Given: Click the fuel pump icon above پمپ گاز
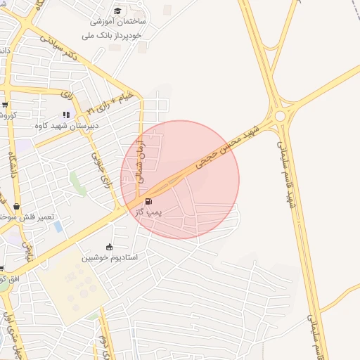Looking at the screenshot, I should (148, 201).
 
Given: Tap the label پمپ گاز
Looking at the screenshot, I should (148, 212).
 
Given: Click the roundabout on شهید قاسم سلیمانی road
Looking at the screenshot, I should (281, 115).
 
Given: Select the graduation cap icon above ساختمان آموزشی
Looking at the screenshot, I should (117, 11).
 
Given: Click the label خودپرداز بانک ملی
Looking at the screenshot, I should (112, 34).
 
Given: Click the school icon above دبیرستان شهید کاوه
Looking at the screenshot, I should (66, 115).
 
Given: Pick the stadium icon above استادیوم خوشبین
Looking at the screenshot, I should (109, 247).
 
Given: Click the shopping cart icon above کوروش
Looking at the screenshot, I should (5, 104).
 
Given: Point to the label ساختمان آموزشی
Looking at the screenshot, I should (116, 22).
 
